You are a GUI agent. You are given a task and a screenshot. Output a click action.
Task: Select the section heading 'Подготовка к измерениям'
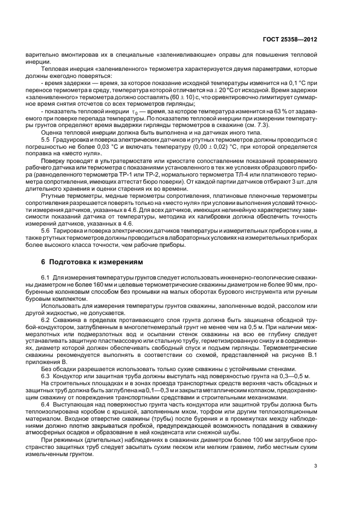coord(92,262)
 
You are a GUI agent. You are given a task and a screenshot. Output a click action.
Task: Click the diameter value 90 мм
coord(287,285)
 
